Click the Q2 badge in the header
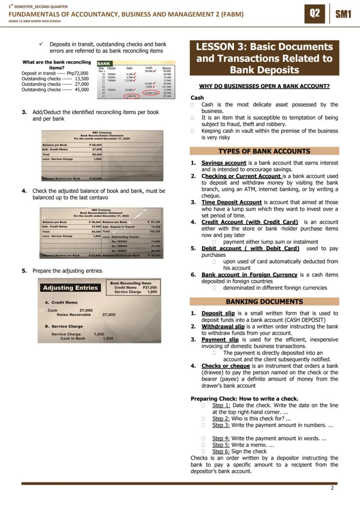(315, 13)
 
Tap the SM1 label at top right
(343, 14)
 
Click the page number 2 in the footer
(332, 488)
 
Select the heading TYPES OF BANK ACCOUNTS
(264, 151)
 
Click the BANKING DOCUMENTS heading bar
(264, 302)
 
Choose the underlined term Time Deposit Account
(231, 202)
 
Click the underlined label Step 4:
(221, 438)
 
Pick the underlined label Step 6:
(221, 451)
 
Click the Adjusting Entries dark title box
(70, 288)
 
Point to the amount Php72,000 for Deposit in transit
(77, 73)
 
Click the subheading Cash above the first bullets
(197, 98)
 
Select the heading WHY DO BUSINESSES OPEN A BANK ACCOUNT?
(264, 86)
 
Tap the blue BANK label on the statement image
(104, 63)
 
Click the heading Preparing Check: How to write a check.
(244, 399)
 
